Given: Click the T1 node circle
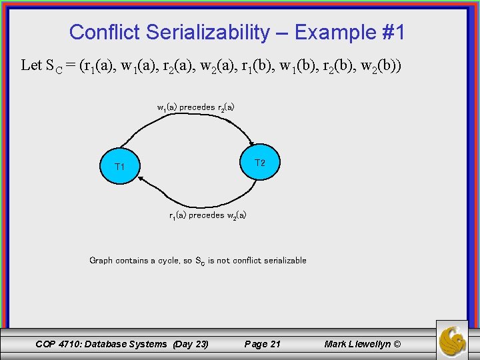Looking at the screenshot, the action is point(119,166).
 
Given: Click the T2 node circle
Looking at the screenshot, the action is point(260,163).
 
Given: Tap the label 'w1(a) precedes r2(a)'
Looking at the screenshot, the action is point(195,107).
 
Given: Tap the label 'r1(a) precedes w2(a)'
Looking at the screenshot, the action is point(207,215).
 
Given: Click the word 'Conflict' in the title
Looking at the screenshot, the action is point(104,32).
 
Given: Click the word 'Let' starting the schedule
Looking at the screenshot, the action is point(31,65).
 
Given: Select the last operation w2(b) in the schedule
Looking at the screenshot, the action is point(376,66).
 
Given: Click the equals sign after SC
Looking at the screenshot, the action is point(69,66).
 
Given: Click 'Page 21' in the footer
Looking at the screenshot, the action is point(263,344).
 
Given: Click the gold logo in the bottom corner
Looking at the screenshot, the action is point(452,340).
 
